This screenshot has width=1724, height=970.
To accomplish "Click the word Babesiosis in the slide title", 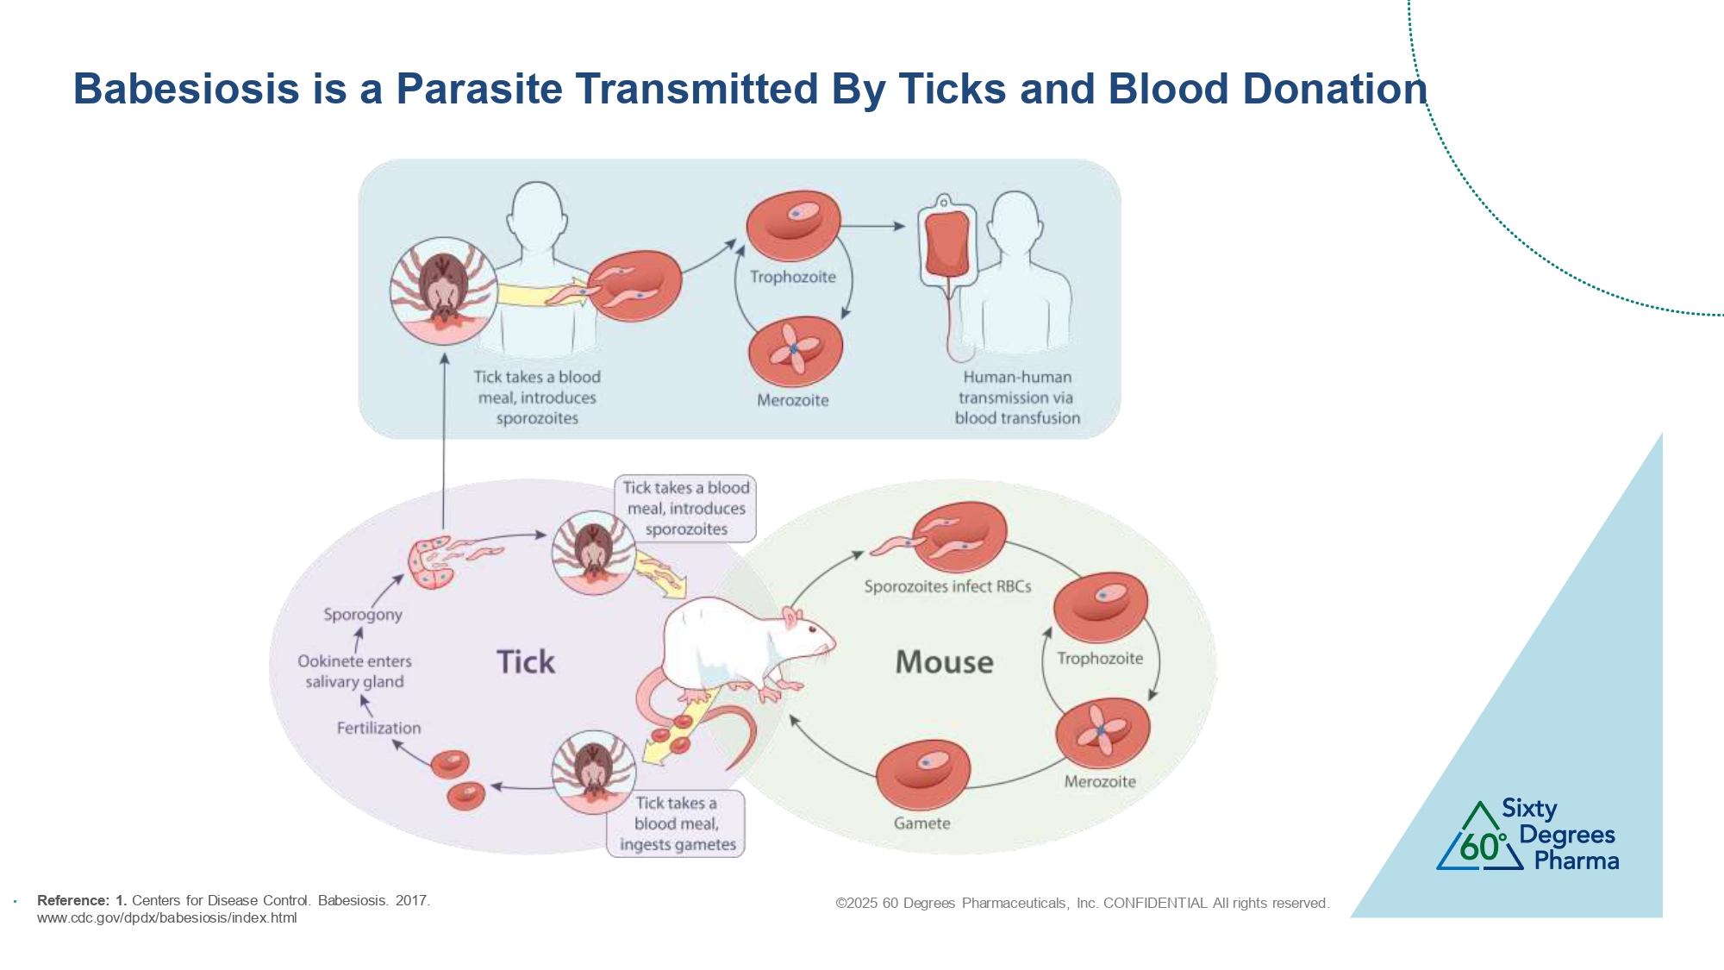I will point(186,89).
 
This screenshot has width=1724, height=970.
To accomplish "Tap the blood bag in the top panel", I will point(946,243).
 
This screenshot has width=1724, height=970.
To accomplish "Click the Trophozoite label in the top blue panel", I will point(792,277).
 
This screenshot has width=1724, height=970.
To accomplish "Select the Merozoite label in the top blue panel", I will point(792,400).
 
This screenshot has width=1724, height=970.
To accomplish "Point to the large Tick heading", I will point(526,662).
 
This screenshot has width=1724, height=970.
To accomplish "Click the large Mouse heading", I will point(944,662).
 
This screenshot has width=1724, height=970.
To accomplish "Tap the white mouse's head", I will point(806,636).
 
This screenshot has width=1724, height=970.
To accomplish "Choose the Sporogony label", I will point(363,615).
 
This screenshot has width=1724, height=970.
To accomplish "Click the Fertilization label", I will point(378,728).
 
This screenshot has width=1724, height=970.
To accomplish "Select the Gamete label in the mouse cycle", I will point(921,823).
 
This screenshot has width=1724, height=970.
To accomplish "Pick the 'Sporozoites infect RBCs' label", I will point(947,586).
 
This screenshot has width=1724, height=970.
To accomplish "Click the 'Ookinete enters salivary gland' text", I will point(354,672).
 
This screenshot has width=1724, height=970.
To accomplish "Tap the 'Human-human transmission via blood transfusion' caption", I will point(1017,397).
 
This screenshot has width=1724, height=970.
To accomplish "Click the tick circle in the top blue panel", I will point(444,291).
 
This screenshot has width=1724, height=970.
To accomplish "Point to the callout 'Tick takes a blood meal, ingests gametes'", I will point(677,824).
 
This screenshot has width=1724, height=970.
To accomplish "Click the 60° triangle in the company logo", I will point(1480,841).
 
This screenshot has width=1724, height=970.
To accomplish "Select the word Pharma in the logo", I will point(1576,860).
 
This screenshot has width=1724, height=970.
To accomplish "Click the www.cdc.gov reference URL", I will point(166,918).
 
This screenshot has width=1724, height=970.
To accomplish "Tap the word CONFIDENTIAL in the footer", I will point(1155,904).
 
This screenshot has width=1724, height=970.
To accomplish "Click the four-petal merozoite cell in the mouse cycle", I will point(1102,732).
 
